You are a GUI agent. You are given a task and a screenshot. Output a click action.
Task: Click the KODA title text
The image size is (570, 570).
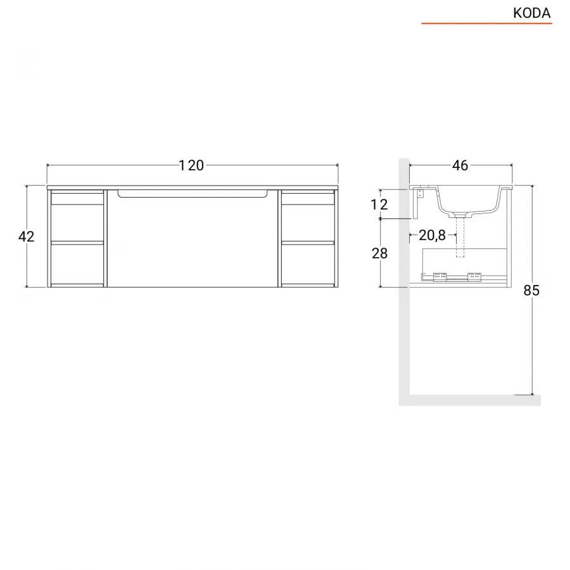click(531, 13)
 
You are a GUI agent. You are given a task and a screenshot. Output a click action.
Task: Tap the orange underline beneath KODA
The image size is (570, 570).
click(486, 23)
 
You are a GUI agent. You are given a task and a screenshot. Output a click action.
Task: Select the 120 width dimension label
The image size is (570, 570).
click(191, 166)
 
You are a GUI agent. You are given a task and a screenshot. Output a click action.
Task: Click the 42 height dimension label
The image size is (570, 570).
click(26, 237)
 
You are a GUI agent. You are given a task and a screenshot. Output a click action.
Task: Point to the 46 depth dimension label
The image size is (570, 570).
click(460, 166)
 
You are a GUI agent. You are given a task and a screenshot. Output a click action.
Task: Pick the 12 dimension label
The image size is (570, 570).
click(379, 205)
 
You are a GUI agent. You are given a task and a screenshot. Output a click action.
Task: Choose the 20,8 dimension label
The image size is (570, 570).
click(432, 236)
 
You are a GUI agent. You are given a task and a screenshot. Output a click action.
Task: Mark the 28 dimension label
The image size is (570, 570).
click(379, 253)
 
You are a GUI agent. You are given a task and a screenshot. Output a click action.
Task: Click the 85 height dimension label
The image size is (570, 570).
click(531, 291)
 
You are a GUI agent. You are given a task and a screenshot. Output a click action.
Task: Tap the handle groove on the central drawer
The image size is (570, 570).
click(193, 194)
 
